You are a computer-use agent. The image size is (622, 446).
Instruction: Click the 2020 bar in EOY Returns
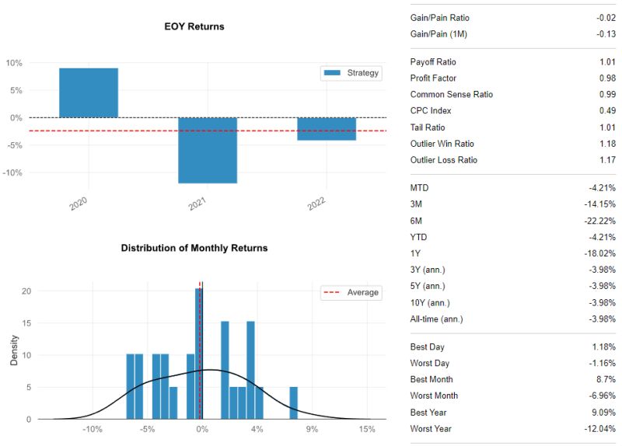point(89,93)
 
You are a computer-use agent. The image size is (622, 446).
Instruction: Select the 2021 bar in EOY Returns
point(208,150)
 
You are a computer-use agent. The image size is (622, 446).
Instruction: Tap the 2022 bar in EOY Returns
point(327,129)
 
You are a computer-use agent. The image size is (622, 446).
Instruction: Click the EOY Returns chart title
point(194,26)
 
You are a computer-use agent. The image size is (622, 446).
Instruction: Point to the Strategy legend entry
point(351,73)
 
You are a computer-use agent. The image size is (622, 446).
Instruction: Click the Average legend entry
point(351,292)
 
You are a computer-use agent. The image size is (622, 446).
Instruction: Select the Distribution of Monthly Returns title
point(194,248)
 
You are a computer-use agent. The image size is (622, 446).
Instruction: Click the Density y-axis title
point(15,350)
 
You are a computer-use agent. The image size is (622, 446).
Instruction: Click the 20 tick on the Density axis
point(26,291)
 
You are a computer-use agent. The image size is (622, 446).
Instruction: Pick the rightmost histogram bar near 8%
point(293,402)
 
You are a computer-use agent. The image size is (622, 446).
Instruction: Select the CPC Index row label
point(430,111)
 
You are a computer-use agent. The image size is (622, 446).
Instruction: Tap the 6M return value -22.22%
point(599,221)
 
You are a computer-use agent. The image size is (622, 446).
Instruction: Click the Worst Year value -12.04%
point(599,429)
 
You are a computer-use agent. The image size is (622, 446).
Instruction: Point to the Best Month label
point(432,380)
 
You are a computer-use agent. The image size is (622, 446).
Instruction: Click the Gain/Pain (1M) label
point(439,34)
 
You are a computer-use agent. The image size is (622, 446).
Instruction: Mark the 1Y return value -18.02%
point(599,253)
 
